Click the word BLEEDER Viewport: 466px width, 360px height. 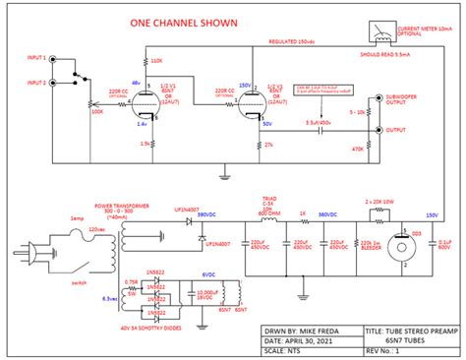[x=372, y=250]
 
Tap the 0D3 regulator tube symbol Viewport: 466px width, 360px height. [x=403, y=246]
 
